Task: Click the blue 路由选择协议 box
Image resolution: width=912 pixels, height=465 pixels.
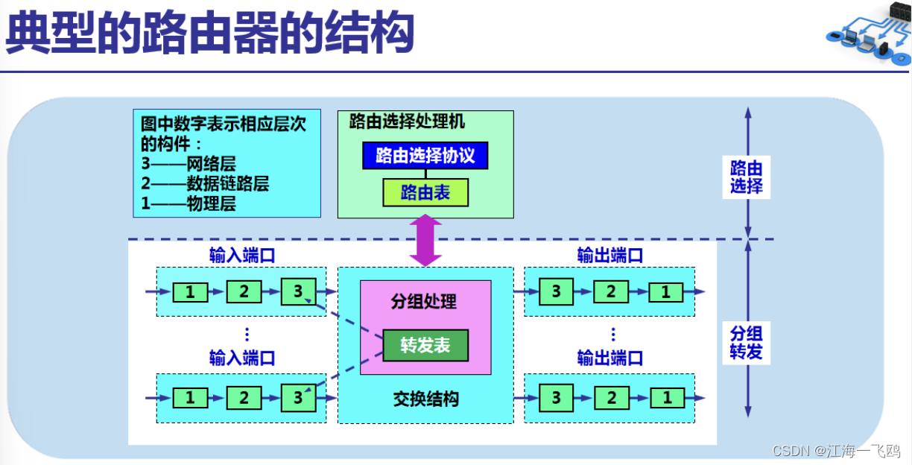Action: point(425,156)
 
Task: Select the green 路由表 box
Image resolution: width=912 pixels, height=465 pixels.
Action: point(425,193)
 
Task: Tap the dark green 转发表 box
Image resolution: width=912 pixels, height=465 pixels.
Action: point(425,346)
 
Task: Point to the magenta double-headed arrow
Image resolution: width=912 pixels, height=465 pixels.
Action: point(425,241)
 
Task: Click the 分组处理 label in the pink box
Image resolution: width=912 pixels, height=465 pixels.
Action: point(424,302)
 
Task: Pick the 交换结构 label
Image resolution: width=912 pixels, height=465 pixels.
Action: point(425,399)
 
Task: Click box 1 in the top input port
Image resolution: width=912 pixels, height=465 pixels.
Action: point(190,292)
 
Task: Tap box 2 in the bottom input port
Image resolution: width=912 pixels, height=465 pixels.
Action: point(244,398)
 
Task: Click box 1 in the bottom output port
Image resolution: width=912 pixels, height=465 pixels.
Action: point(666,398)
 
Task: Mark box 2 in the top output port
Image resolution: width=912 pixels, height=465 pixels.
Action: point(611,292)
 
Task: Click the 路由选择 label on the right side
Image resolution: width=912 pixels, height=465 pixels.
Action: point(747,177)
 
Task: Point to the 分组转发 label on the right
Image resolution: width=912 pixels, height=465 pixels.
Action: point(747,342)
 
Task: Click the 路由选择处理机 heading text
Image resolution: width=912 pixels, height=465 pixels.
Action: point(407,121)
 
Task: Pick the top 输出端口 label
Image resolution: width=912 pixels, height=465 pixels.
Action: point(610,255)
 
